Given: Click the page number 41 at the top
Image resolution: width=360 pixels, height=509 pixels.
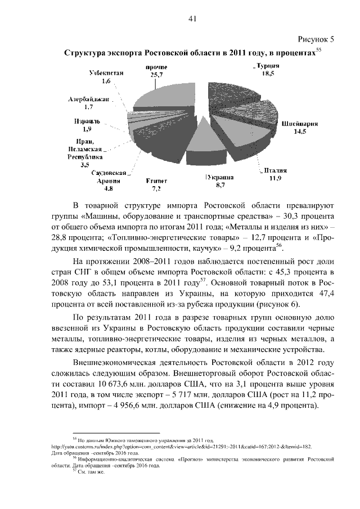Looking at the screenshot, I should [x=191, y=19].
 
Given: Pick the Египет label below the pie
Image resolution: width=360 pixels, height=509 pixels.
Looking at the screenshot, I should [x=157, y=181].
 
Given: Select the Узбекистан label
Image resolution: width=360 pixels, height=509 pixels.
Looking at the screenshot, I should [x=107, y=74].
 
